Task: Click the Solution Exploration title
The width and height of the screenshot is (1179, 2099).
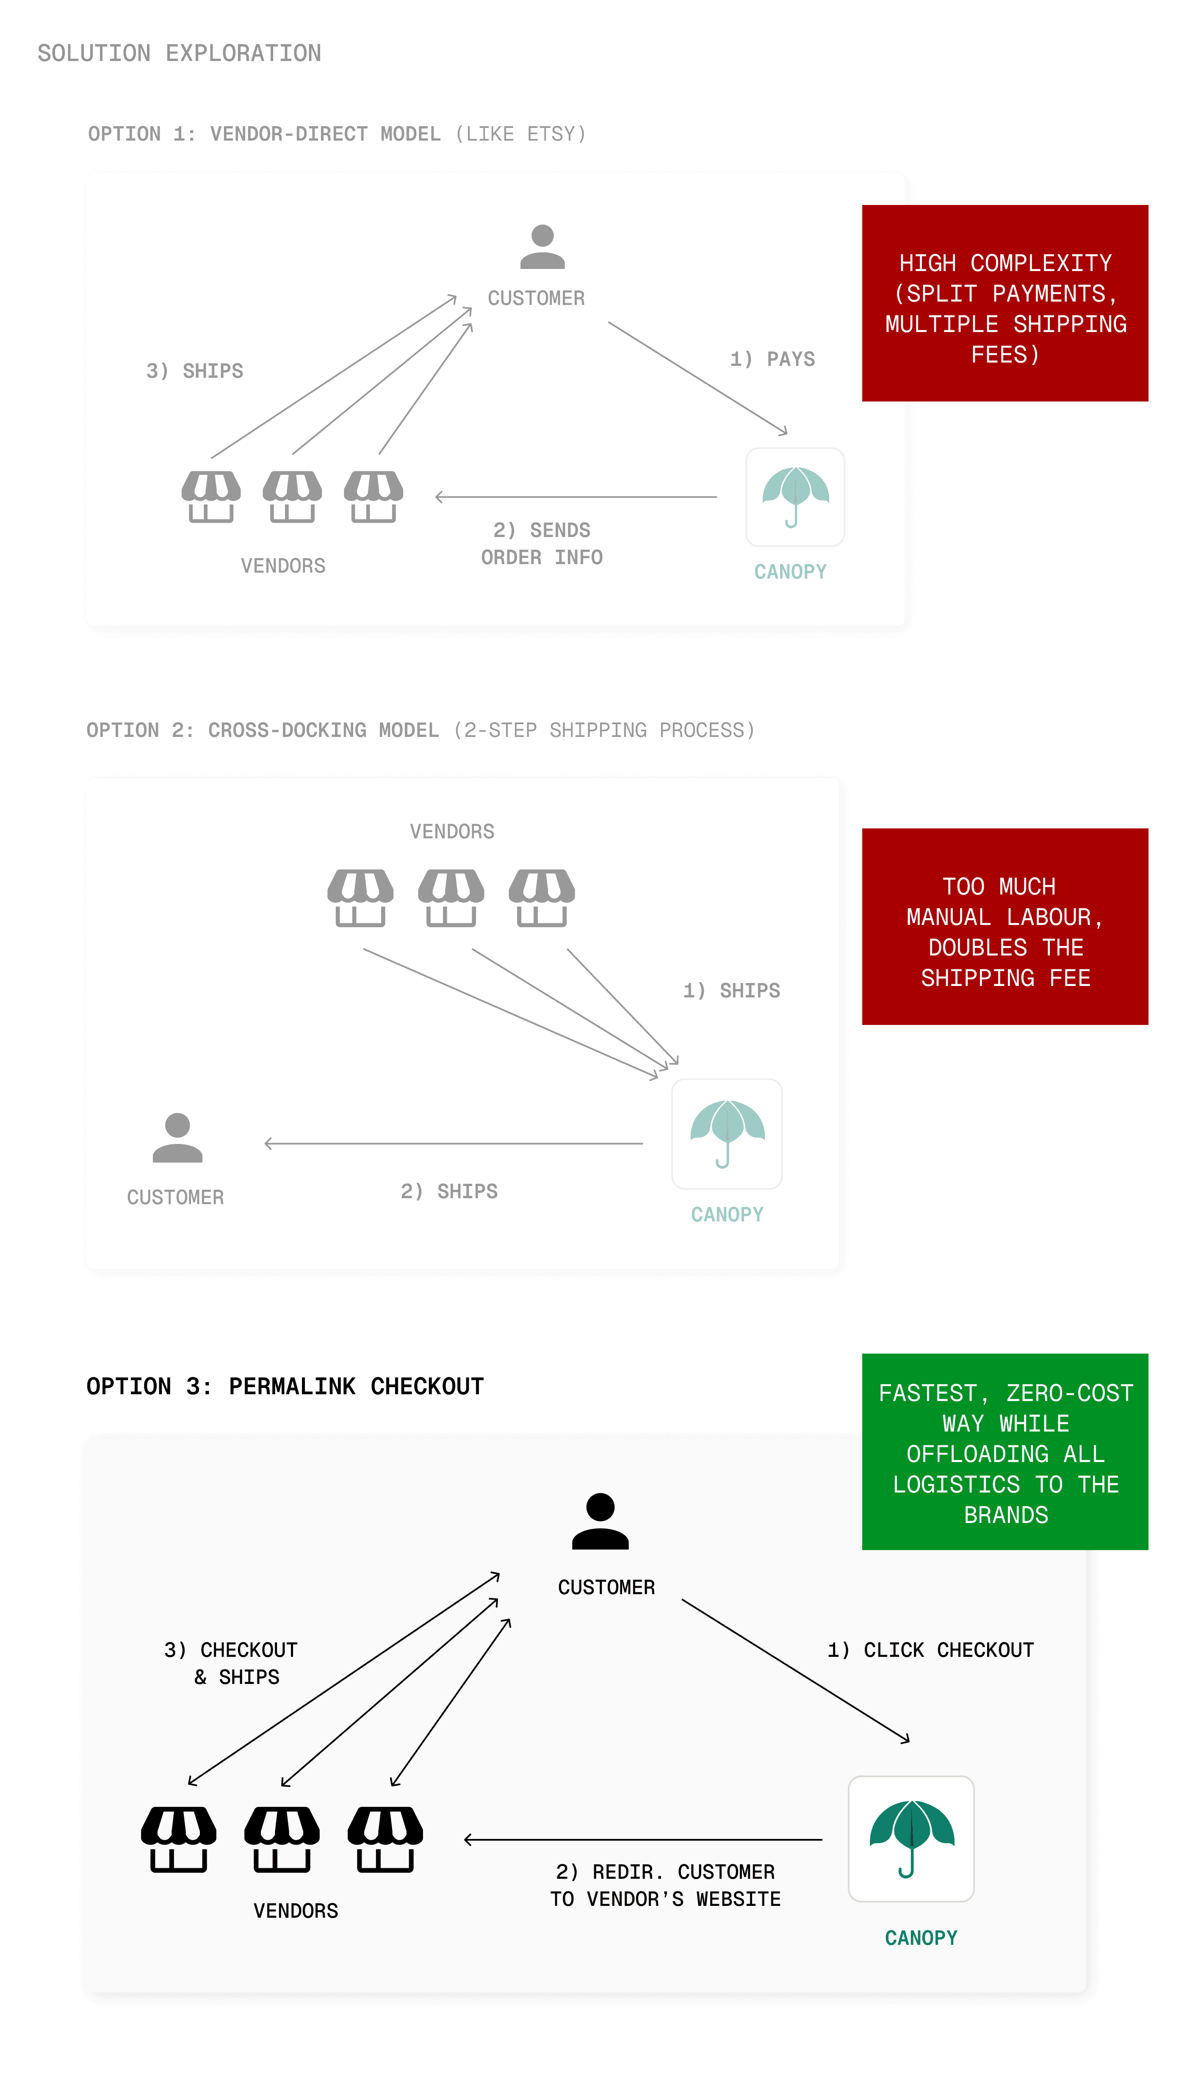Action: pos(179,53)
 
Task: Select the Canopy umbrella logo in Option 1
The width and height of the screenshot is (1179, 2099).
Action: pos(794,497)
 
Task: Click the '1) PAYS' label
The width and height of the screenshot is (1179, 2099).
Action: pos(772,359)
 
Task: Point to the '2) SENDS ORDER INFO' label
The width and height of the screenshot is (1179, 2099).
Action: pos(542,543)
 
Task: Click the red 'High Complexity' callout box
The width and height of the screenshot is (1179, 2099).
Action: pos(1005,303)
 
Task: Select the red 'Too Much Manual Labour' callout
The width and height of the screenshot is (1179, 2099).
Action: pos(1005,926)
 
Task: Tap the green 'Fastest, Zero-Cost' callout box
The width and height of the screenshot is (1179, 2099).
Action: pos(1005,1452)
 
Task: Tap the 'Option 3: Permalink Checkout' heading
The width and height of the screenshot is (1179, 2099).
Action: pos(285,1387)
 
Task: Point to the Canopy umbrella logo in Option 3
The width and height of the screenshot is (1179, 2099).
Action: pos(911,1839)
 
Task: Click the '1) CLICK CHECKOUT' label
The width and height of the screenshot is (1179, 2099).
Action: pos(930,1650)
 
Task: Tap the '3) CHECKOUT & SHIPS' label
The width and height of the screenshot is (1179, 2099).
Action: pos(231,1663)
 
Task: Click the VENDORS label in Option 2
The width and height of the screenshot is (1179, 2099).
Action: pos(452,831)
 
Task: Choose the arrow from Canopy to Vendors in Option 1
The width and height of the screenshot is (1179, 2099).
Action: pos(576,497)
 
